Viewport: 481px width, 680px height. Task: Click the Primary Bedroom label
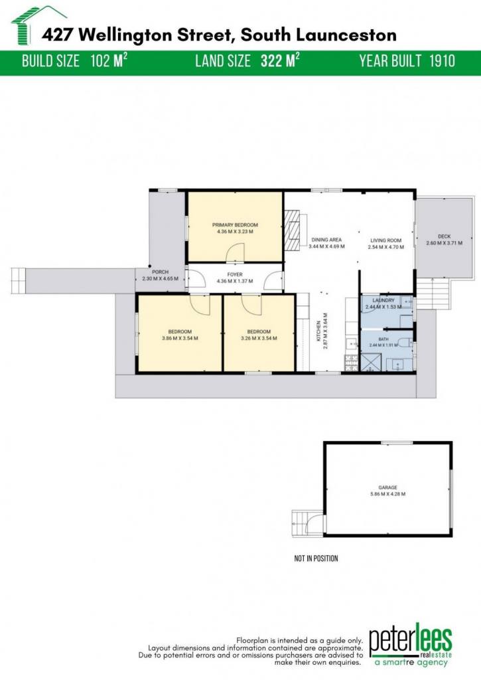pos(235,224)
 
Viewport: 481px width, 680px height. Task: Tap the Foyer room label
pos(235,274)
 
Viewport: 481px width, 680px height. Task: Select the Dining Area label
pos(326,239)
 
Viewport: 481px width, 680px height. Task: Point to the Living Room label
pos(385,240)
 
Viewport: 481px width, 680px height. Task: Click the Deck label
pos(444,236)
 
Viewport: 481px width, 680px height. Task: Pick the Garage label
pos(387,487)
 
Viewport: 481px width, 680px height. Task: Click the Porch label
pos(160,272)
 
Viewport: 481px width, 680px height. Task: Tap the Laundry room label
pos(383,300)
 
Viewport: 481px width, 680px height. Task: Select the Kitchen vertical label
pos(319,331)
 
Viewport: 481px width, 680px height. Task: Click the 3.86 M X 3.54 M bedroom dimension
pos(180,338)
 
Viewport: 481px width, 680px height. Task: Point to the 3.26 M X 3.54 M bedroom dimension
pos(259,338)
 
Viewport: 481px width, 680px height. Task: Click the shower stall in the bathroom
pos(371,363)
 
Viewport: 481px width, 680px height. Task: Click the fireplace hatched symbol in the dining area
pos(292,230)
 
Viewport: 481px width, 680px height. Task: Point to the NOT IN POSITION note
pos(316,558)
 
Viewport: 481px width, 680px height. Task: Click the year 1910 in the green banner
pos(442,61)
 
